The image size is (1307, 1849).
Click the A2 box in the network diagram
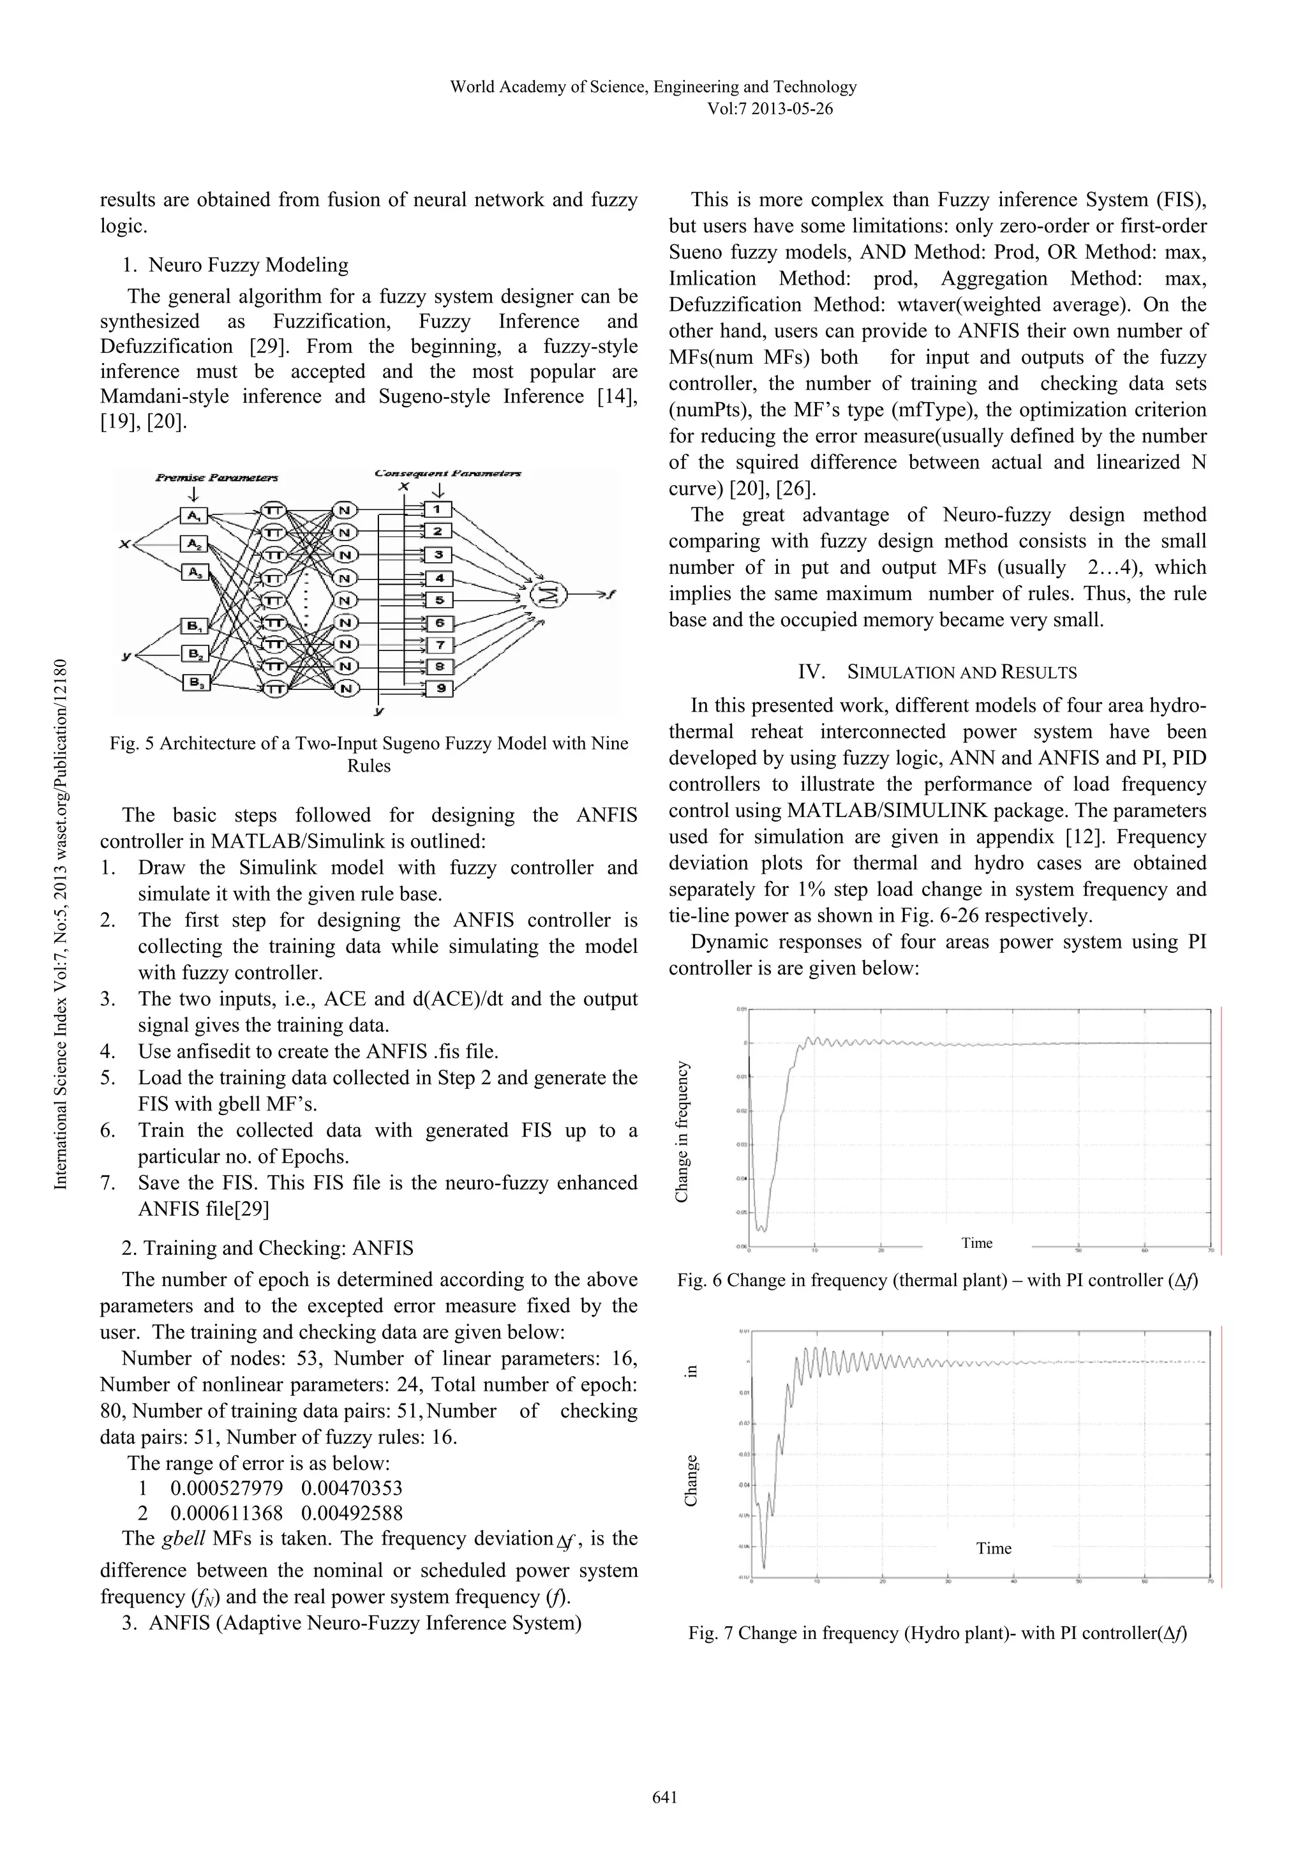point(194,545)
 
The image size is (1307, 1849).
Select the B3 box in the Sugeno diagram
point(194,683)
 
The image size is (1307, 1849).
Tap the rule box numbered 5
point(439,600)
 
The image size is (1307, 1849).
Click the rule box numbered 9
point(439,689)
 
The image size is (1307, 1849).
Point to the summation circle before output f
point(548,595)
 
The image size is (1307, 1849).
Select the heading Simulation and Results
point(962,673)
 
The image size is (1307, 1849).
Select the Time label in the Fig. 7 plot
point(993,1548)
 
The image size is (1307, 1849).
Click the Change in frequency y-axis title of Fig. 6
point(682,1132)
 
